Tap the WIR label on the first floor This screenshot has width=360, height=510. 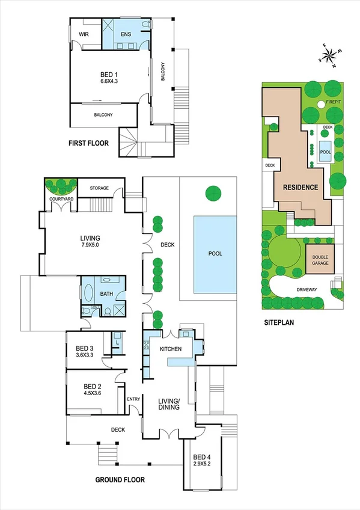click(84, 34)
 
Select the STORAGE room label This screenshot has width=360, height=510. click(100, 188)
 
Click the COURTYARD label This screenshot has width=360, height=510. click(61, 198)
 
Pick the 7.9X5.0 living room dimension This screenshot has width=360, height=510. click(92, 245)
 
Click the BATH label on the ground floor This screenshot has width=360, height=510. click(106, 294)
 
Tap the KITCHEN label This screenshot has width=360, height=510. click(170, 349)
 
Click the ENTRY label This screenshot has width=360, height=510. click(133, 399)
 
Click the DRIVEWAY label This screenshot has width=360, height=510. click(307, 289)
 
